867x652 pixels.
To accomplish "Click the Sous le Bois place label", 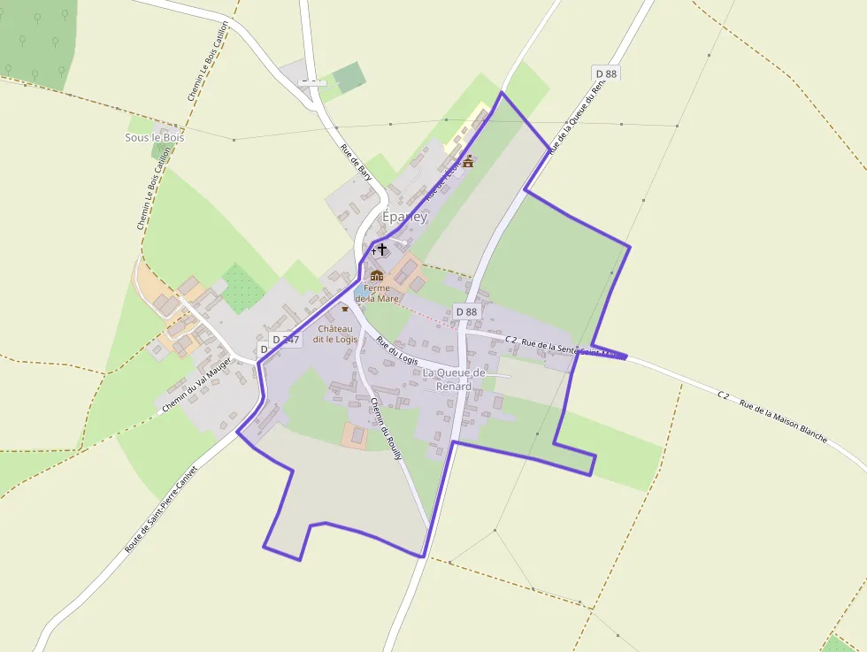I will [x=155, y=137].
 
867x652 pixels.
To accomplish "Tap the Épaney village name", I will [x=404, y=217].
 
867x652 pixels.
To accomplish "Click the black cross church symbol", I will [x=382, y=250].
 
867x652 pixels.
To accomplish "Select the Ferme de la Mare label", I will [x=377, y=293].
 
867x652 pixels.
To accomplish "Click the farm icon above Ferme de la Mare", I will [x=377, y=276].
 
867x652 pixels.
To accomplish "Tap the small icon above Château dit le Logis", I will [x=345, y=308].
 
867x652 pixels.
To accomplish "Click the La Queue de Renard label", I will [x=454, y=379].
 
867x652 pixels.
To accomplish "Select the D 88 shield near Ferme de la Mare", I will [x=466, y=311].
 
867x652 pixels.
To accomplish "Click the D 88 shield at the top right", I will [x=606, y=73].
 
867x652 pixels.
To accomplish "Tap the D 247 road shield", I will [x=286, y=339].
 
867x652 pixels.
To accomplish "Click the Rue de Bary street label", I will [x=356, y=162].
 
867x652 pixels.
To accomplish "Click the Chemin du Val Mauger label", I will [x=196, y=381].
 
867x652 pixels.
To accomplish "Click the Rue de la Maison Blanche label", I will [x=783, y=423].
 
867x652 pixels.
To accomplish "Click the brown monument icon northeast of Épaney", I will [x=468, y=161].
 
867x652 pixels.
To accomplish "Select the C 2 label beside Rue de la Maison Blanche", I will [x=723, y=395].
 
